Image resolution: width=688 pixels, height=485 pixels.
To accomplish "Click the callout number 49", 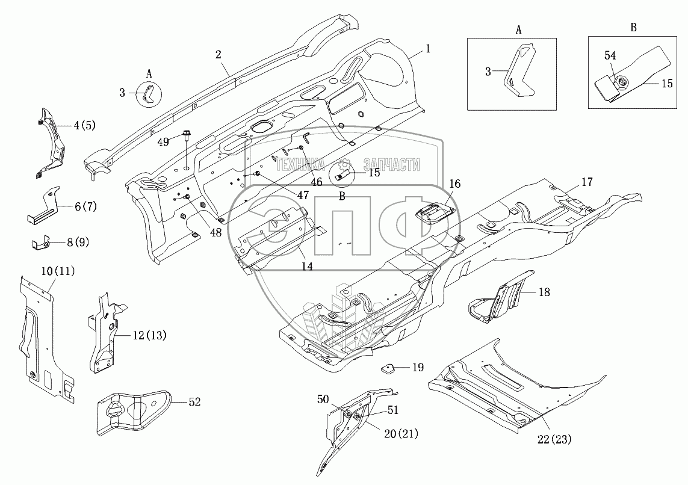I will click(163, 141).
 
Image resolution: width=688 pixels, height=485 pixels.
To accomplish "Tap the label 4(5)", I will click(84, 126).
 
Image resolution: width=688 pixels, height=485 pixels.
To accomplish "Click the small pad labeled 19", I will click(388, 367).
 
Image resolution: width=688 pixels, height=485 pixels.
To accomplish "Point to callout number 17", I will click(587, 181).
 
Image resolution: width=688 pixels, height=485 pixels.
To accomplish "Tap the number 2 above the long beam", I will click(218, 54).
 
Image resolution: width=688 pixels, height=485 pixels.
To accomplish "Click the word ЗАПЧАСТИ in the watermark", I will click(391, 165).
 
